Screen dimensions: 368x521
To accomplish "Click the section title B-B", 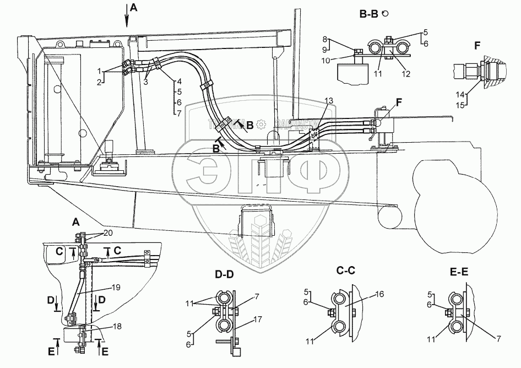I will pyautogui.click(x=369, y=15).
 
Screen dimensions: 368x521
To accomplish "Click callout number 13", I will pyautogui.click(x=329, y=100).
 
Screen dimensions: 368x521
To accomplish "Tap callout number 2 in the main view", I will pyautogui.click(x=100, y=82).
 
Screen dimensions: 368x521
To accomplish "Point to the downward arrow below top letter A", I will pyautogui.click(x=128, y=20).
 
